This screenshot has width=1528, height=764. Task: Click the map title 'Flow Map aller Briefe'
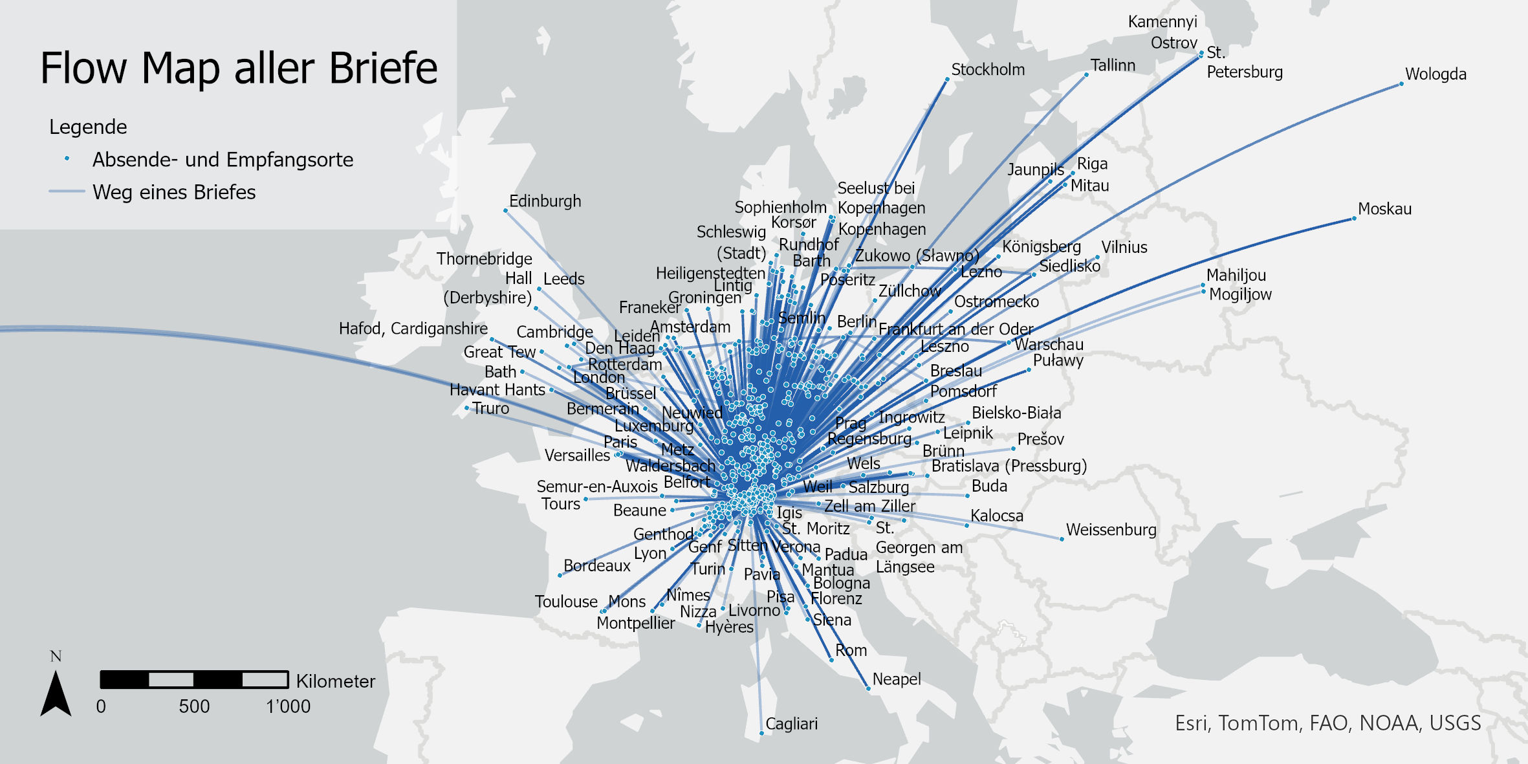tap(239, 67)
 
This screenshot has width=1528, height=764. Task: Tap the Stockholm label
tap(987, 69)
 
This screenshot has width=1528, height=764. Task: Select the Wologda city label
tap(1435, 74)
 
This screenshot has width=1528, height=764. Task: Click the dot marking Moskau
tap(1354, 219)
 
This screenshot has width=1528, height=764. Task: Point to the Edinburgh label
tap(545, 201)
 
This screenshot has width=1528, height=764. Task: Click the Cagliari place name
tap(791, 723)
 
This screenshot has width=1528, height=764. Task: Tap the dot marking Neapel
tap(868, 689)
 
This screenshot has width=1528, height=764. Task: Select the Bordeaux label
tap(596, 565)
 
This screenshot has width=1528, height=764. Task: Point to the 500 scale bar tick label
tap(194, 706)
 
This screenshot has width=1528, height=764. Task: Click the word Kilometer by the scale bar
tap(335, 681)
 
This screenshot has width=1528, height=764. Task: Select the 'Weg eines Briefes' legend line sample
tap(67, 191)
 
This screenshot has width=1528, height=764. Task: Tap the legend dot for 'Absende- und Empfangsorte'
tap(67, 158)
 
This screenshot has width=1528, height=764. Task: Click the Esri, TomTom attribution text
tap(1327, 723)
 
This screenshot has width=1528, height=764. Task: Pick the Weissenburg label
tap(1111, 530)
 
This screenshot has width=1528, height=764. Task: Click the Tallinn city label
tap(1113, 65)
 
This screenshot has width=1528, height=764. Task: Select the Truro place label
tap(490, 408)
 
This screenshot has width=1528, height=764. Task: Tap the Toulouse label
tap(565, 602)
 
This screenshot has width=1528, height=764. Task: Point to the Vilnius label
tap(1124, 247)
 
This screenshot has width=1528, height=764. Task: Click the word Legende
tap(88, 127)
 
